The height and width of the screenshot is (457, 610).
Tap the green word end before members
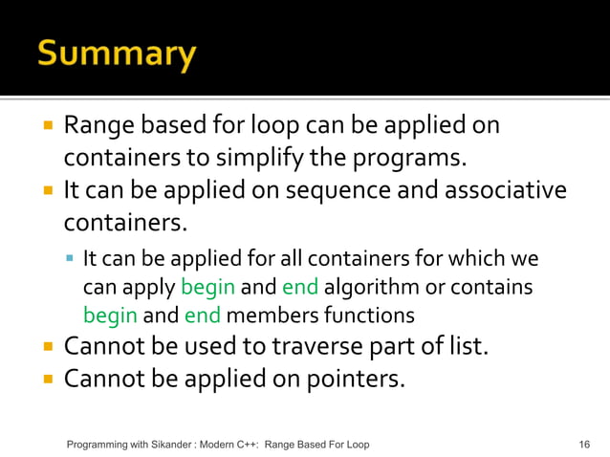tap(202, 315)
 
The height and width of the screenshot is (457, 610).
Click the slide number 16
tap(584, 445)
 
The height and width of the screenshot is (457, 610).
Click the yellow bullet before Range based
tap(48, 125)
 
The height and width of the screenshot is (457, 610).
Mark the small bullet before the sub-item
tap(72, 259)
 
